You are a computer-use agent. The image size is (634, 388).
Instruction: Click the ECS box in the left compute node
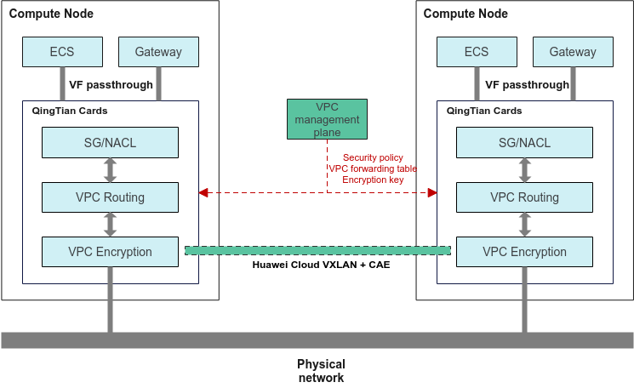point(62,52)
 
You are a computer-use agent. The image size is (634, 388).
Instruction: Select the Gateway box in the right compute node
point(573,52)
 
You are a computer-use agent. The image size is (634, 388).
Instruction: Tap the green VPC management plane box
point(327,119)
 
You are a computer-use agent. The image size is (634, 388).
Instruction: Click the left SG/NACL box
point(110,142)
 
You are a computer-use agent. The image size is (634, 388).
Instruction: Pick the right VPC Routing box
point(524,197)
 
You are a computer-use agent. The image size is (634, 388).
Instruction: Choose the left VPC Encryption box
point(110,252)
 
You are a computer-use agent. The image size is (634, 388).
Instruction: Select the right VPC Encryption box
point(524,252)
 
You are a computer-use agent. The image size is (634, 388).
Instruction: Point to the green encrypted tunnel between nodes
point(317,250)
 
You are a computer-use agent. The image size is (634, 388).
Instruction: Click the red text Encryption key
point(373,180)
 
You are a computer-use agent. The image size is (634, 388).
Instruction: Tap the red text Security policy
point(373,158)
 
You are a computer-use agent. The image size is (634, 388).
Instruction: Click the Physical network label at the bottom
point(321,371)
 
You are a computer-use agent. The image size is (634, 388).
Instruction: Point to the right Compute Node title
point(466,14)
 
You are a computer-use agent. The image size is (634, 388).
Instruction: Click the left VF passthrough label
point(111,85)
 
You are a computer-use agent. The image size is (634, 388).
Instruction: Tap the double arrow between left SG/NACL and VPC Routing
point(110,169)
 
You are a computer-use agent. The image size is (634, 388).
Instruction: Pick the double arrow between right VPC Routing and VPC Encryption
point(524,225)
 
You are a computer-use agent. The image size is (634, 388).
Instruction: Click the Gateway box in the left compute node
point(158,52)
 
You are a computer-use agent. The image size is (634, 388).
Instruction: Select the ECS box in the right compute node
point(477,52)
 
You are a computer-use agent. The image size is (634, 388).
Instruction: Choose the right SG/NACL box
point(524,142)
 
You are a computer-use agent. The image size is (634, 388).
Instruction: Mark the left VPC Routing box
point(110,197)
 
